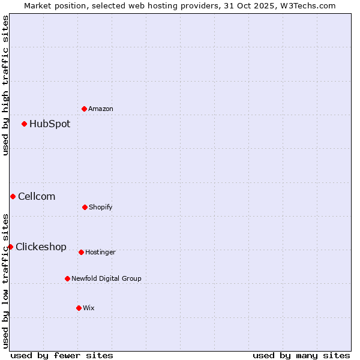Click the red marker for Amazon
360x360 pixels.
tap(85, 109)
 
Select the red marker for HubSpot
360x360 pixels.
tap(25, 124)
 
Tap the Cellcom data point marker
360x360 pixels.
tap(13, 196)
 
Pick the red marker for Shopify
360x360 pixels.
tap(85, 207)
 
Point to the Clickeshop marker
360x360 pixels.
tap(10, 247)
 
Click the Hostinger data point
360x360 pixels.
tap(81, 252)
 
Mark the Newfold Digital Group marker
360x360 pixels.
tap(67, 278)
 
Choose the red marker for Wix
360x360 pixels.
tap(79, 308)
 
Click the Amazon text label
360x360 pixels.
tap(101, 109)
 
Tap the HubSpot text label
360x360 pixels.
tap(50, 124)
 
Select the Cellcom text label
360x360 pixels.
tap(37, 196)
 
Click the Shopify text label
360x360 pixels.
tap(101, 208)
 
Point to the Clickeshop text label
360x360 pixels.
tap(41, 247)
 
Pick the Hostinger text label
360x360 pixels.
tap(100, 253)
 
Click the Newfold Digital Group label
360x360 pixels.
tap(106, 278)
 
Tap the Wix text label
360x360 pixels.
tap(89, 308)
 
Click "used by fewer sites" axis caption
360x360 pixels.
tap(62, 355)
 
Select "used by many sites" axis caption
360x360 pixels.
tap(301, 355)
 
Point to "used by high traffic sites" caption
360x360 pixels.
tap(6, 85)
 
